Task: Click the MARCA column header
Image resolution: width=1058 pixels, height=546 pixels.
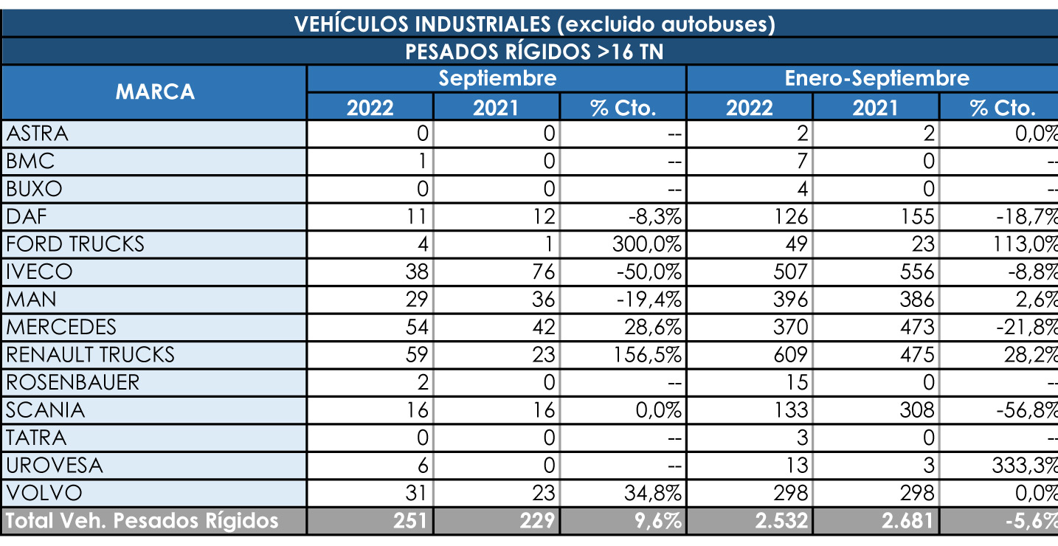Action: pos(155,92)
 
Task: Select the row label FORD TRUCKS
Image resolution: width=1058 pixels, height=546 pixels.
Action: pos(75,244)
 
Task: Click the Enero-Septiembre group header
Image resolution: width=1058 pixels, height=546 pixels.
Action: pos(877,78)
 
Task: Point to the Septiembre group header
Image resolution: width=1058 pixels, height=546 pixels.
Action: pos(497,78)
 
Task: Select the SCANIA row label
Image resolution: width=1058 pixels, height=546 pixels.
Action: pos(46,410)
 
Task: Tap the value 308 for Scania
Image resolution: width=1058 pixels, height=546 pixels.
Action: pos(917,410)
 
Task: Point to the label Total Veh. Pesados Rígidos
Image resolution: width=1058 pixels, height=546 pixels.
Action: pos(142,521)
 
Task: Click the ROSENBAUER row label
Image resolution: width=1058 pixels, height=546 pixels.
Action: pos(73,382)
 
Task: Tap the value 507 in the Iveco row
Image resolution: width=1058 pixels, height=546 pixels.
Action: pos(791,272)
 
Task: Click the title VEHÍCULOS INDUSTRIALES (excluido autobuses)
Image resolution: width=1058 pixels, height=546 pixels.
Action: pos(534,24)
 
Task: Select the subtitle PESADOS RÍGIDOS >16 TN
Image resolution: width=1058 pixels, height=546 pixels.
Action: pos(534,52)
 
